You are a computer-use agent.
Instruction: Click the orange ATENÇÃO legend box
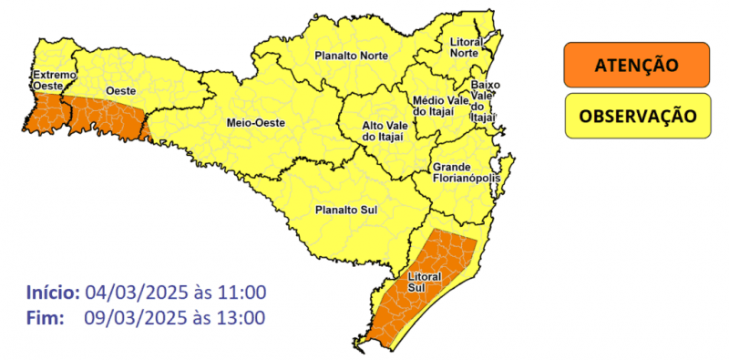[x=636, y=66]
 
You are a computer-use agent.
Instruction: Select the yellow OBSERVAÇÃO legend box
[x=637, y=116]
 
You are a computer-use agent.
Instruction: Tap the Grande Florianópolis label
[x=466, y=173]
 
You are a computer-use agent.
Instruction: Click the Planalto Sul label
[x=345, y=210]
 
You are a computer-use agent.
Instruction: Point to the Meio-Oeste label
[x=255, y=122]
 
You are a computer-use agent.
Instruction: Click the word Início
[x=52, y=293]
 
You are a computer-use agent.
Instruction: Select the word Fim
[x=45, y=318]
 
